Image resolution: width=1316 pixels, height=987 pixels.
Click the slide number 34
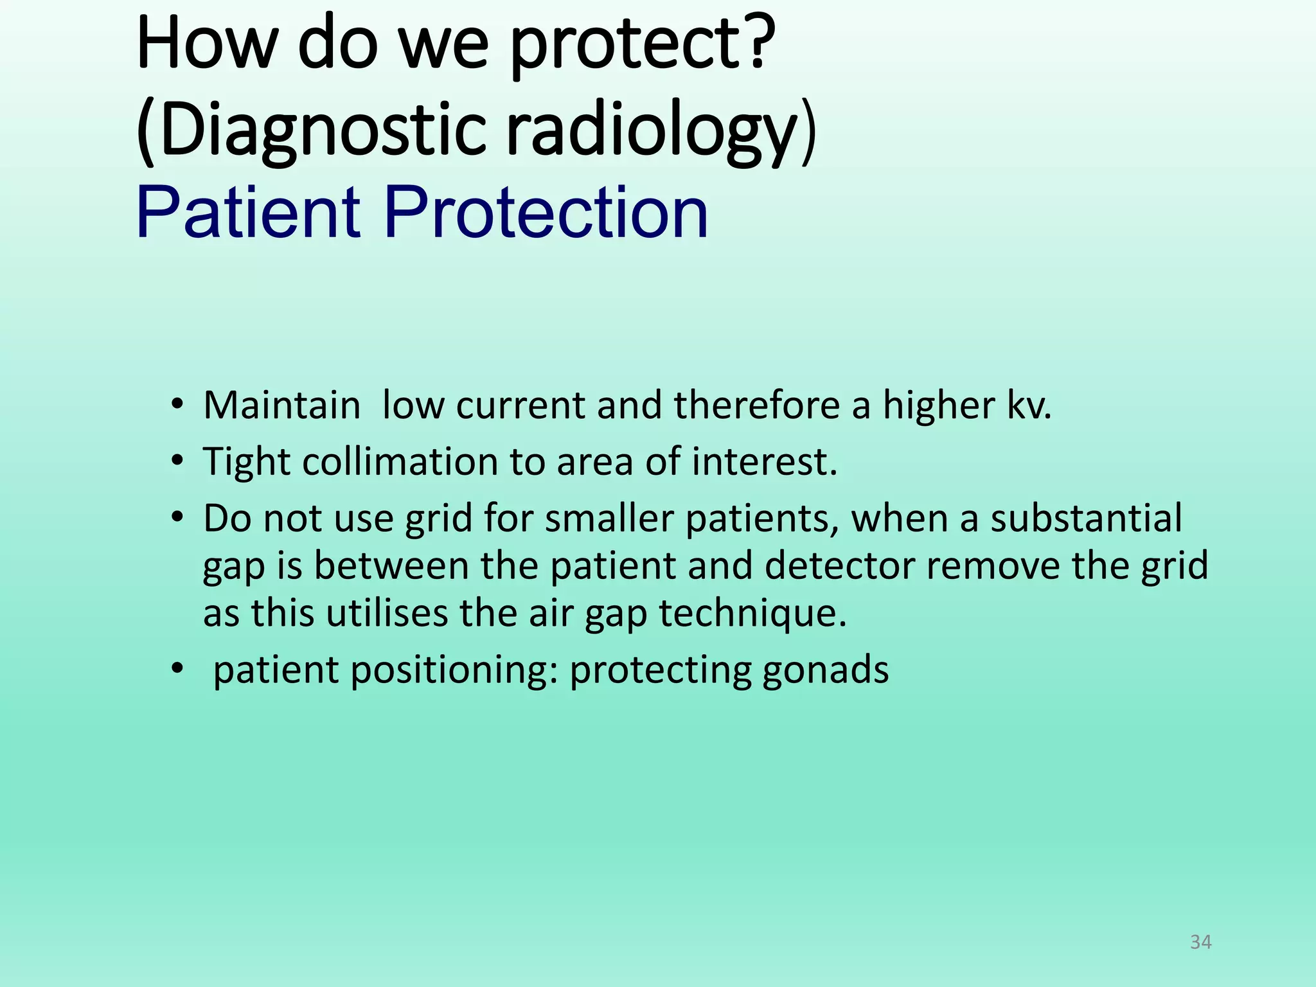coord(1200,942)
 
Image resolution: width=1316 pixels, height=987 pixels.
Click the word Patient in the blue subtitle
coord(248,213)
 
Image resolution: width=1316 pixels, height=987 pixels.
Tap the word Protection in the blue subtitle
coord(546,213)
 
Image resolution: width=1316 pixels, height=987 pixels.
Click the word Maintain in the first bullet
coord(281,405)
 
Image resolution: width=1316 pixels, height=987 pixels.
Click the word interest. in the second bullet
coord(764,461)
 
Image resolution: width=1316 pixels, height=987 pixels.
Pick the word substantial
coord(1085,518)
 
